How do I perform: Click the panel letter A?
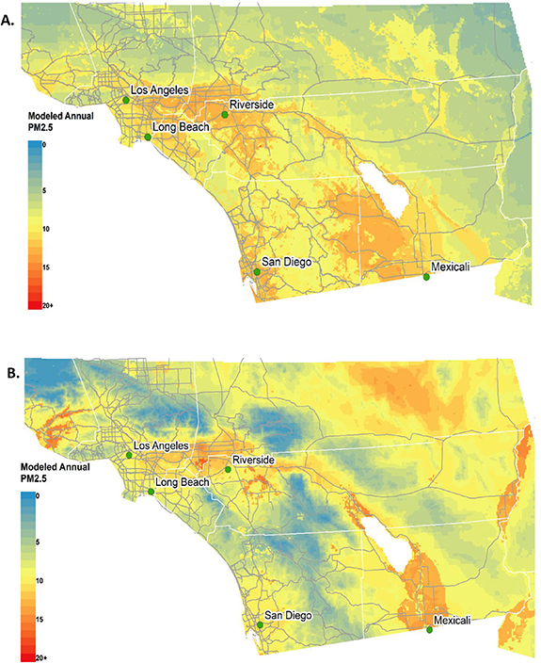coord(12,15)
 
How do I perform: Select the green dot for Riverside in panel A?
coord(225,115)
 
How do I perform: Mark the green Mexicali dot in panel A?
coord(426,277)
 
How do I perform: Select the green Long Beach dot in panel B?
coord(151,492)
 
